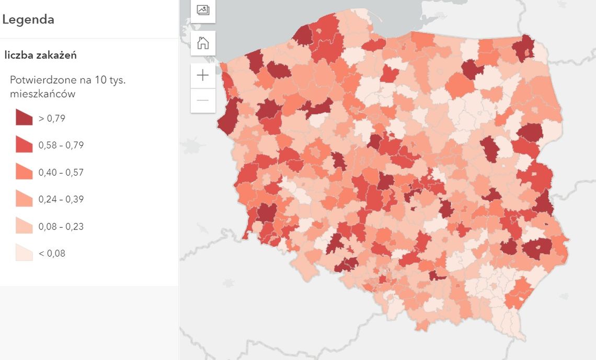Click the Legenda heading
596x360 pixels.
28,20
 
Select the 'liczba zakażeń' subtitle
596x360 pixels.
40,55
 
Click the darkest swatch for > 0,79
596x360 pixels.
24,118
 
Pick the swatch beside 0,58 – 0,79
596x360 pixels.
24,145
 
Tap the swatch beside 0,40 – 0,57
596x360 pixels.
24,172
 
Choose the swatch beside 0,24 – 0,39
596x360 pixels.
24,199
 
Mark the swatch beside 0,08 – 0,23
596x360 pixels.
24,226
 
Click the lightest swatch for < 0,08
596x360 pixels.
24,253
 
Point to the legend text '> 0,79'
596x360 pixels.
52,119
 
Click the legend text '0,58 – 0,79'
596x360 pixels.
61,145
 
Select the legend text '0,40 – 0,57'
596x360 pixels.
61,172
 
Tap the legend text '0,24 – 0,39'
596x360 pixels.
61,200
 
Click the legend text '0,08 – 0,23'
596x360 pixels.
61,227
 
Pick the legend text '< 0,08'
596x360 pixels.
52,254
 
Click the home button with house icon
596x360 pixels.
203,43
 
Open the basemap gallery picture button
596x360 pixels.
203,10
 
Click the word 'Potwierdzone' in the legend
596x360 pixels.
37,80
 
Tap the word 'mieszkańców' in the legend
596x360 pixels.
43,94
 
